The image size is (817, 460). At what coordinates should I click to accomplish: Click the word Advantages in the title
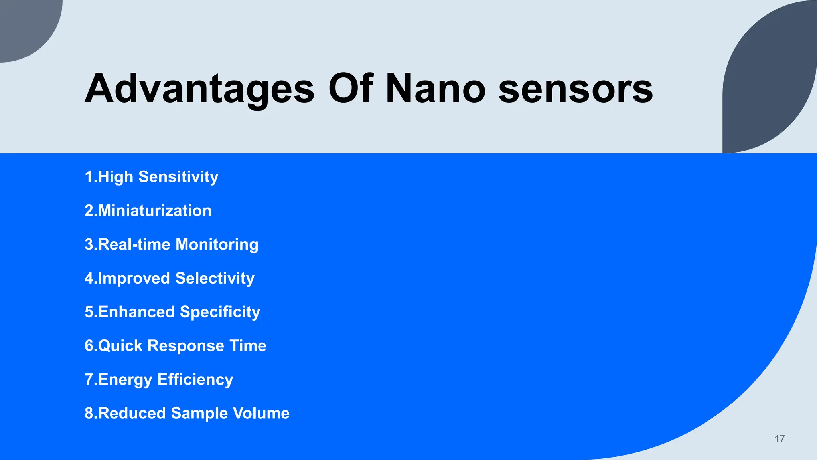coord(199,89)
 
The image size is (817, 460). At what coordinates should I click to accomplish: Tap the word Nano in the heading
coord(435,89)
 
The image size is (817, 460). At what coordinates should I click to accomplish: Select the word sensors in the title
coord(575,89)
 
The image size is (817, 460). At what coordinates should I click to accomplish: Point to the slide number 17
coord(780,439)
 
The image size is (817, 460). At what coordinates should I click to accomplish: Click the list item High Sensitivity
coord(152,177)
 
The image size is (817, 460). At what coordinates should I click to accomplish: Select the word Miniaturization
coord(154,210)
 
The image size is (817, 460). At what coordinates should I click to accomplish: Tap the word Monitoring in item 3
coord(217,244)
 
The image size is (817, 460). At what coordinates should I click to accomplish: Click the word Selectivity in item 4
coord(215,278)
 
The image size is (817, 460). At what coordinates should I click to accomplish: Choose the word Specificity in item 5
coord(220,312)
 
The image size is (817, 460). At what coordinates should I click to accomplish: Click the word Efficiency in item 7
coord(195,379)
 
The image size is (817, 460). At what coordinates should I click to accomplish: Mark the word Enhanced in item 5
coord(136,312)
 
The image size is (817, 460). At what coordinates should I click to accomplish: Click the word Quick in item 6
coord(120,346)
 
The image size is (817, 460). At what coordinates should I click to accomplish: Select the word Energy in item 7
coord(125,379)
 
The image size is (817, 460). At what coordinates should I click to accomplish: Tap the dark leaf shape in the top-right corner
coord(770,80)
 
